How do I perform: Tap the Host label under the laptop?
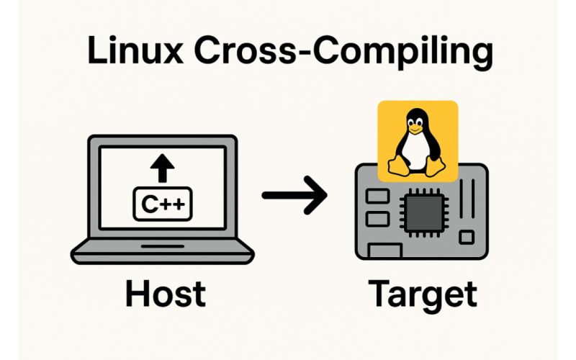point(165,294)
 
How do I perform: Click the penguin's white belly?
point(415,151)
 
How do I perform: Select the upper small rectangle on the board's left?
point(376,197)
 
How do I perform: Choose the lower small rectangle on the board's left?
point(376,217)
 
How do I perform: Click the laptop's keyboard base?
point(163,252)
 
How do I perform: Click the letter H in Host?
point(136,294)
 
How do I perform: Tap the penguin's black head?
point(415,117)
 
